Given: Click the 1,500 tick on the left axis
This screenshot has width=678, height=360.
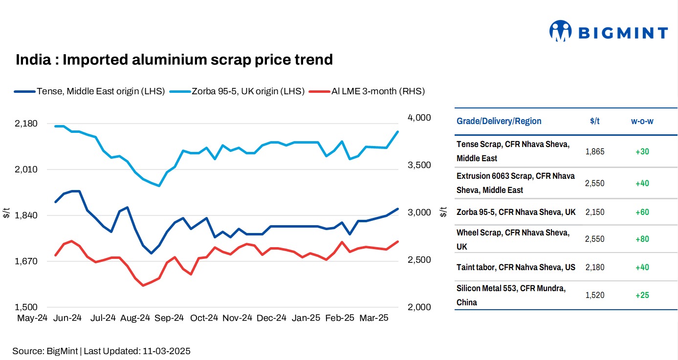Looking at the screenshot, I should tap(26, 307).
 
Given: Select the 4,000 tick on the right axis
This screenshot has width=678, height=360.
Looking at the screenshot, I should tap(419, 118).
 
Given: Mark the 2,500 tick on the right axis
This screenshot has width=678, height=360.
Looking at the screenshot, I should tap(419, 260).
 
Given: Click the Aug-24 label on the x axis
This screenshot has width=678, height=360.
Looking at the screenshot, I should tap(135, 318).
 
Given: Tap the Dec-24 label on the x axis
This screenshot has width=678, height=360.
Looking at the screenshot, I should tap(271, 318).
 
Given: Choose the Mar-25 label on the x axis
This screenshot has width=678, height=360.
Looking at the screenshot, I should tap(373, 318).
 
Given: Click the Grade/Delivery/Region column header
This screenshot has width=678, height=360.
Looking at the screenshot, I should tap(499, 121).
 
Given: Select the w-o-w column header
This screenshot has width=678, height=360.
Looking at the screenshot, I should tap(642, 121).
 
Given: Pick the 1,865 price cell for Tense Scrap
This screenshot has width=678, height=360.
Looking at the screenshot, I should tap(594, 151).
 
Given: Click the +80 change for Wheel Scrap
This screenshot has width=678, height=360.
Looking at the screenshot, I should tap(642, 239).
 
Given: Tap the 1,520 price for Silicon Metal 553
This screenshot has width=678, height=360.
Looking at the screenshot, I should tap(594, 295).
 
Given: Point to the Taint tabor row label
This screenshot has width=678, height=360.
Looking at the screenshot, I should tap(516, 267).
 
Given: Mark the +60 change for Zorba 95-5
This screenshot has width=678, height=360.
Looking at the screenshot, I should tap(642, 212).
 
